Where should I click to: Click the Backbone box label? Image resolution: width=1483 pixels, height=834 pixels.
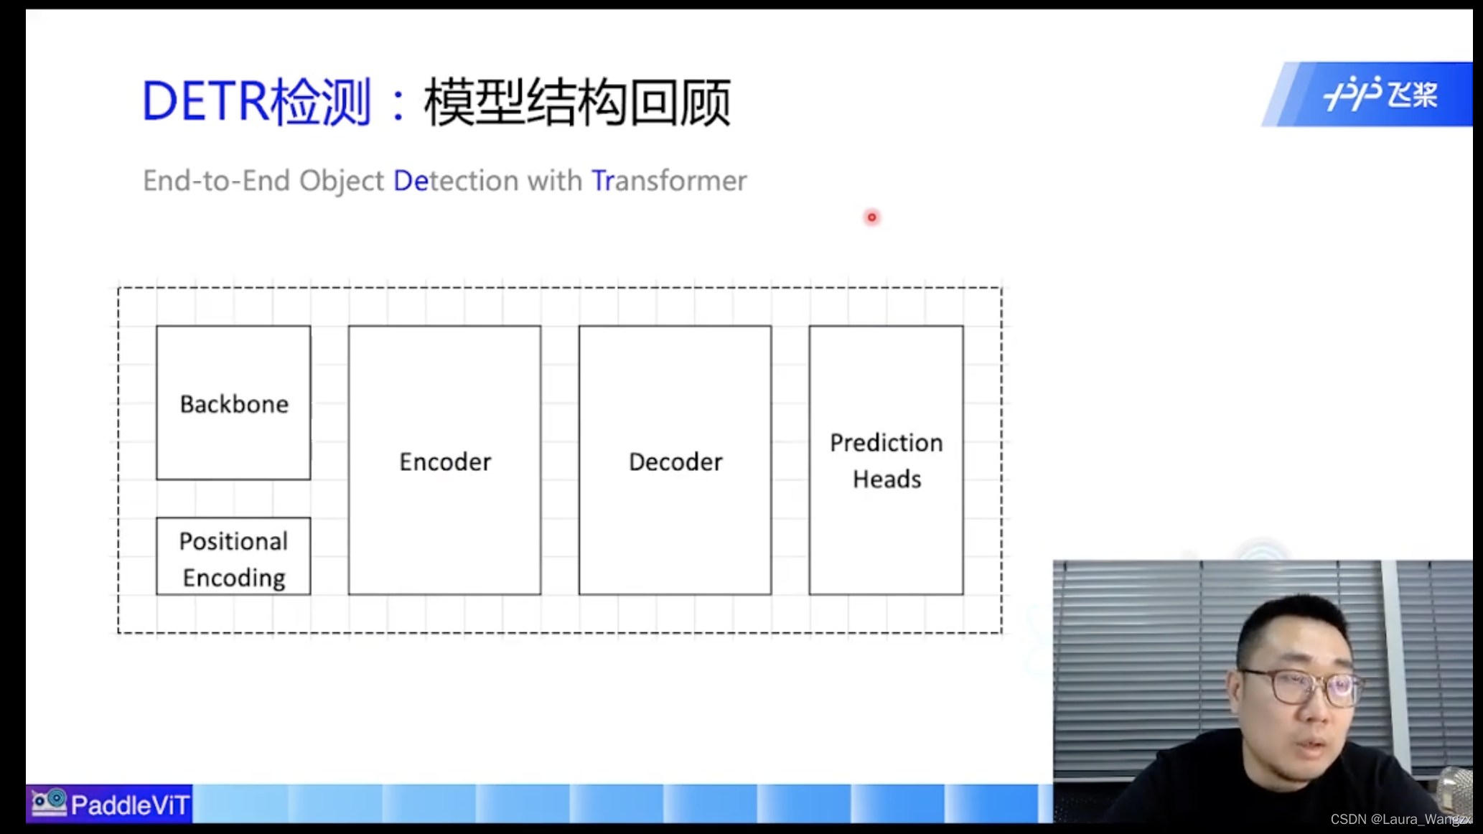(x=234, y=404)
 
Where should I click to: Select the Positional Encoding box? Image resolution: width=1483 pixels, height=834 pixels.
(x=233, y=557)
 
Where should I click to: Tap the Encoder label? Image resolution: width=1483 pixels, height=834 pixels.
(x=445, y=461)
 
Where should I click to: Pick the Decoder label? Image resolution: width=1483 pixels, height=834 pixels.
(x=675, y=461)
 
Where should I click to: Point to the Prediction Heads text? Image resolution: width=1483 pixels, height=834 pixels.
(x=886, y=460)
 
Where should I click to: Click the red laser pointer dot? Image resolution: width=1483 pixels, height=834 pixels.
(x=871, y=217)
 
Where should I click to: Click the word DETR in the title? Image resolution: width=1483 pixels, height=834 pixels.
(x=205, y=101)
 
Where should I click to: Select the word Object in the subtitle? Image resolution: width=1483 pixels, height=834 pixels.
(x=341, y=181)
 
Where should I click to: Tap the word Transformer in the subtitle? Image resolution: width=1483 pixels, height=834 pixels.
(x=668, y=181)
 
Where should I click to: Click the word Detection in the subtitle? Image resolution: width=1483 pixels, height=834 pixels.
(x=456, y=181)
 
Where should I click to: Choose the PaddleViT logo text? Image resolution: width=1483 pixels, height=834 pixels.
(x=130, y=805)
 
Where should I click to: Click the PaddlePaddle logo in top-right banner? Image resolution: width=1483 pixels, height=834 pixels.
(x=1380, y=94)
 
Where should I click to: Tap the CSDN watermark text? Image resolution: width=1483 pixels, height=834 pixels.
(x=1400, y=819)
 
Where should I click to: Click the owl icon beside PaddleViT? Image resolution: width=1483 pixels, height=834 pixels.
(x=49, y=802)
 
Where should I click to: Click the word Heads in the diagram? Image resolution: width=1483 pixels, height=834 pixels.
(x=886, y=479)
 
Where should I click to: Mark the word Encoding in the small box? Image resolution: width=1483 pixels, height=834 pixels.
(x=234, y=578)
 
